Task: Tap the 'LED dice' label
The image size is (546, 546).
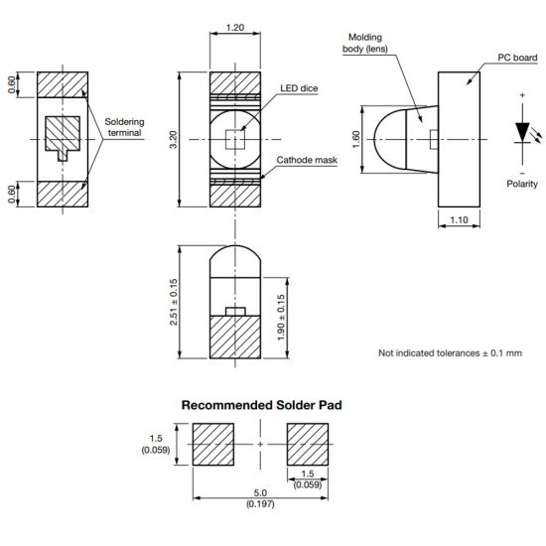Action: [300, 88]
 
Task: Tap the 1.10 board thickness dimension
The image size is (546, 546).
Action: [460, 219]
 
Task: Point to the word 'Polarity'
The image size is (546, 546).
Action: [522, 184]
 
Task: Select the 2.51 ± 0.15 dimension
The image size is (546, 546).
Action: [175, 304]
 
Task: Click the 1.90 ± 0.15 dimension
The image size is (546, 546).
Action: [281, 319]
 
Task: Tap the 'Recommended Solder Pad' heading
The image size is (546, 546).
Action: [261, 405]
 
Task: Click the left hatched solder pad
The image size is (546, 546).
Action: [212, 443]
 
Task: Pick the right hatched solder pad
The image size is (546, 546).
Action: [307, 443]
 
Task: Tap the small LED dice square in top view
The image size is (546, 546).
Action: [234, 139]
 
